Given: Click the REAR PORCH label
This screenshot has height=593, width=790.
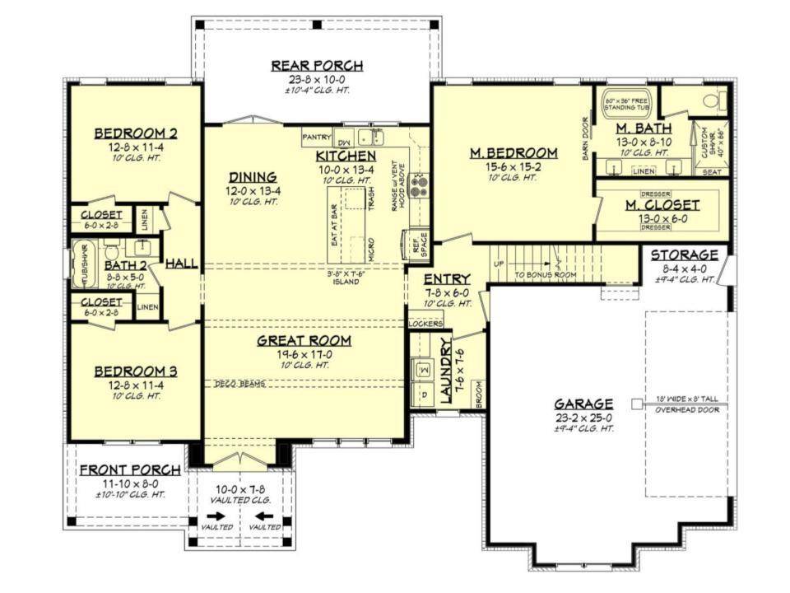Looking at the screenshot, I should click(317, 66).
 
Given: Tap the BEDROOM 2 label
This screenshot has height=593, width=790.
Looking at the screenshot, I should click(136, 133).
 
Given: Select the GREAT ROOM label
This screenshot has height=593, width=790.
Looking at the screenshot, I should click(304, 339).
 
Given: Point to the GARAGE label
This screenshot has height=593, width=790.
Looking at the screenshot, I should click(583, 404).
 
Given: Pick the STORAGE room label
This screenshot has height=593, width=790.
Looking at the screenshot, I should click(685, 254).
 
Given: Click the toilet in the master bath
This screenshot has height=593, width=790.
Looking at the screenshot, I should click(713, 101).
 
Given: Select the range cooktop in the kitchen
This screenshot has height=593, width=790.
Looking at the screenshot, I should click(417, 185).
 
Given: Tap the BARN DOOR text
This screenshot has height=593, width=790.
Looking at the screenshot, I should click(587, 137).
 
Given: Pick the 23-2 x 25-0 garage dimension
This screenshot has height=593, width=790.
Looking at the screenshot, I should click(583, 418).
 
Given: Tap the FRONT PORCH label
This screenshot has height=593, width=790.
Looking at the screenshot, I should click(130, 470).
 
